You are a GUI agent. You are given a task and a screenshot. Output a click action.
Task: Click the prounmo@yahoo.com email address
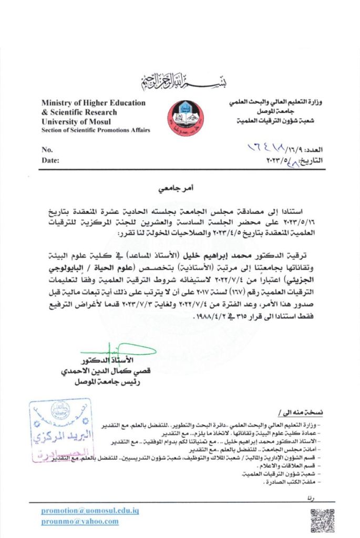(80, 522)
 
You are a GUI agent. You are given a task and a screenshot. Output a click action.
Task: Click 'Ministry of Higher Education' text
(93, 103)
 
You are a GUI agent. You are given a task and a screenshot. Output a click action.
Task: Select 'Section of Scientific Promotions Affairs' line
(96, 130)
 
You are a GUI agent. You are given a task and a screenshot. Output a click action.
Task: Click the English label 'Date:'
(50, 160)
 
